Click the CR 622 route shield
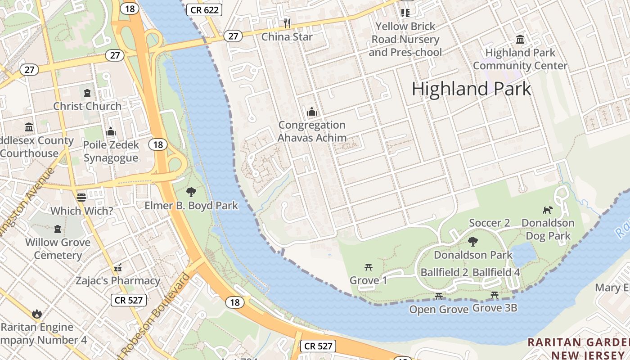[205, 9]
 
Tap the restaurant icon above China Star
[287, 23]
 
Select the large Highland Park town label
[471, 89]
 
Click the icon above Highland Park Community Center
[520, 40]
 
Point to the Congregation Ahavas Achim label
[312, 131]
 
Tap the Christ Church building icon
[87, 93]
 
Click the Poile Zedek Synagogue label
[111, 151]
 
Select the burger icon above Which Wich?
[81, 197]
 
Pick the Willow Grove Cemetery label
[58, 248]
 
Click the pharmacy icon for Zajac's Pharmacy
[118, 268]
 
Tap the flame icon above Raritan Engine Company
[36, 313]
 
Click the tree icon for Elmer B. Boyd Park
[191, 192]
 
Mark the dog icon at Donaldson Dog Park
[548, 210]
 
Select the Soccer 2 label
[489, 223]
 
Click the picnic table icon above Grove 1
[369, 268]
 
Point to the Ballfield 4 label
[496, 272]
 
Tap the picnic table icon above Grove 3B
[495, 295]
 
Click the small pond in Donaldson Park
[523, 255]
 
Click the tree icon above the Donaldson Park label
[472, 242]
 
